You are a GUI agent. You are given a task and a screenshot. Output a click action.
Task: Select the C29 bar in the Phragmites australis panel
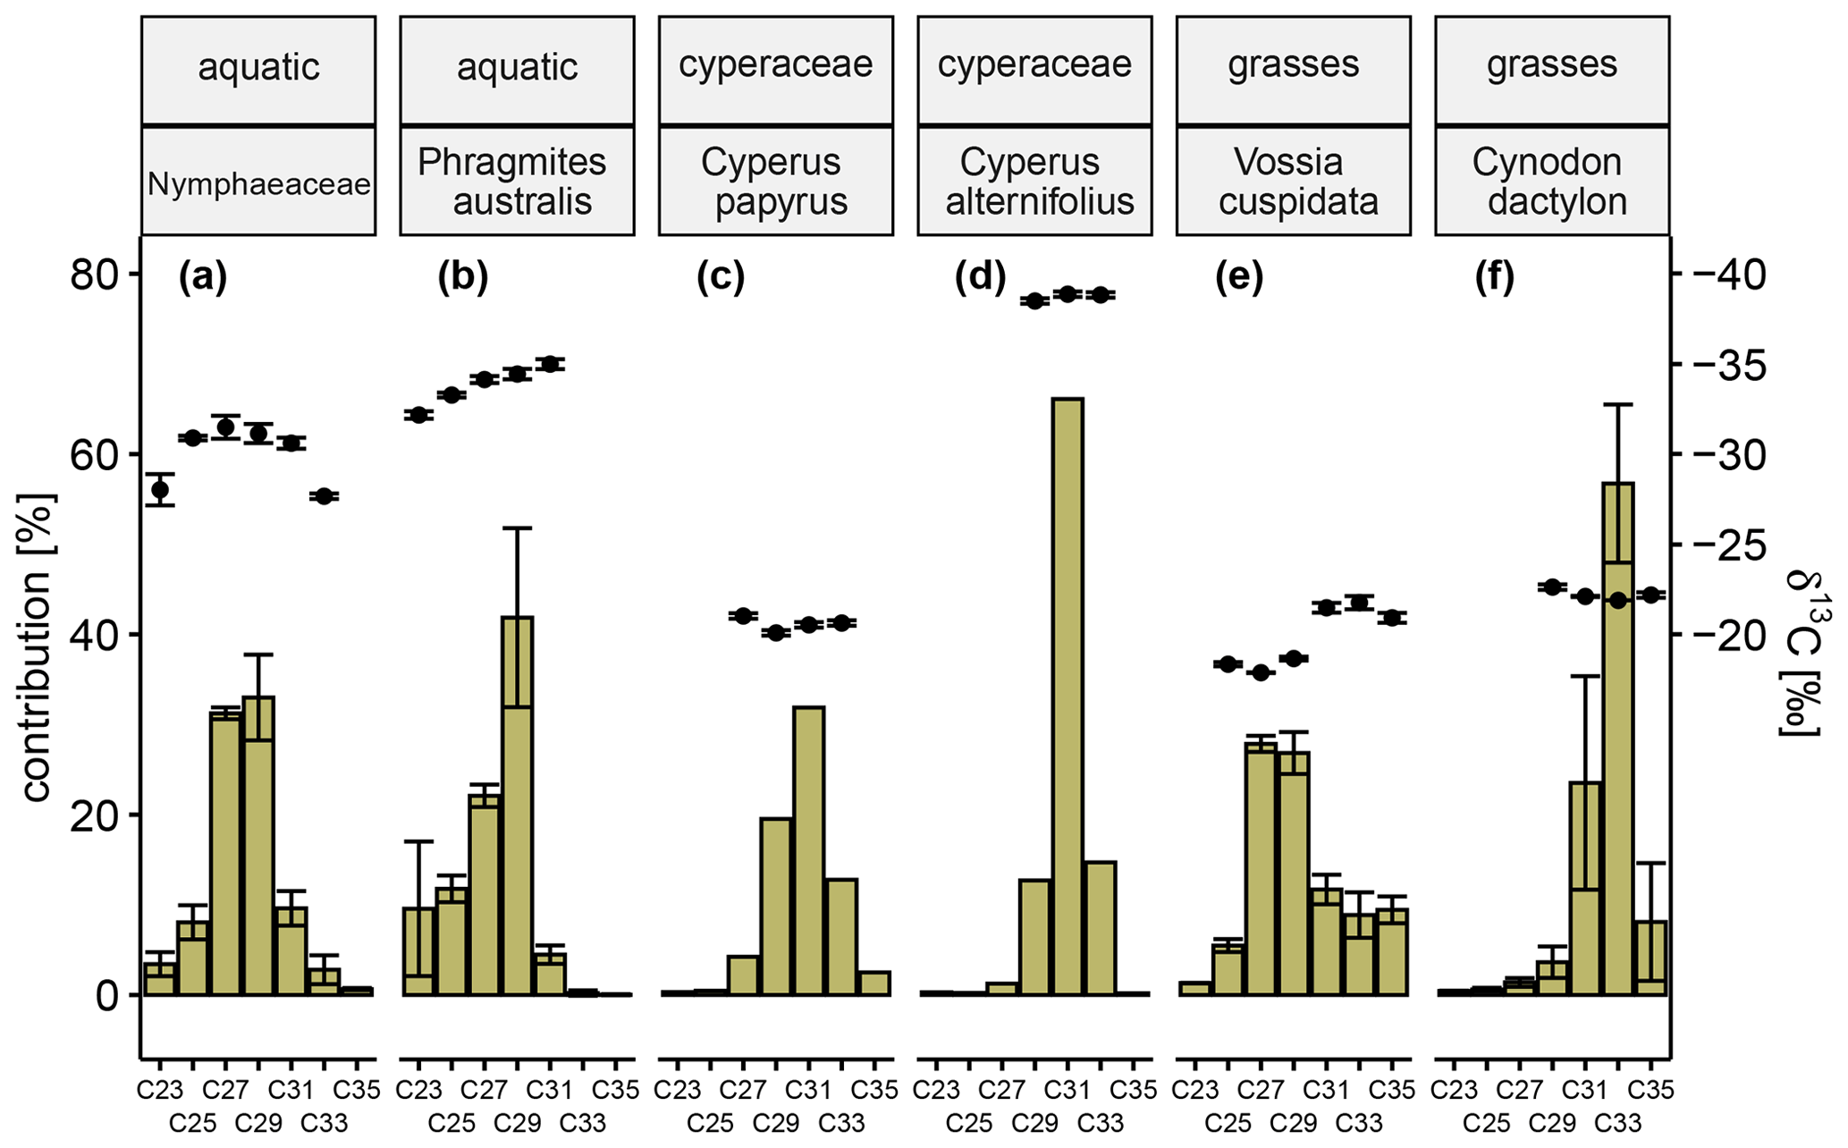(517, 805)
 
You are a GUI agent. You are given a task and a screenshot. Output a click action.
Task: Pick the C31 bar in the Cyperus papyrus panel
(808, 849)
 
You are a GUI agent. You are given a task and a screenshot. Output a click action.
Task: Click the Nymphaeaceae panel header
(258, 184)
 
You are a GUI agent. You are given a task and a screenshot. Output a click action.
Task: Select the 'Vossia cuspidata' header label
(1293, 181)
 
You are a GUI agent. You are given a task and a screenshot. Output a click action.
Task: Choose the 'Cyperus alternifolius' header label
(1034, 181)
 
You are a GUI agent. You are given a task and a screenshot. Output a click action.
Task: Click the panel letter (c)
(721, 278)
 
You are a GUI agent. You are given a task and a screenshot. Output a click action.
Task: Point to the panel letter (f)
(1495, 278)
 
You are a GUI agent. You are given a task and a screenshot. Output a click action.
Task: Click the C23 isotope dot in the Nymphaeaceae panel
(160, 490)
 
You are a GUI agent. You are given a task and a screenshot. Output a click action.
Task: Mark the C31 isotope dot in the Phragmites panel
(550, 364)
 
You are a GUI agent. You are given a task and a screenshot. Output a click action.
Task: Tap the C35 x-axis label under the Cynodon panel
(1650, 1090)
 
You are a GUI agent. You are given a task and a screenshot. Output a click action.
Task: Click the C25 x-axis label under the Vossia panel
(1228, 1122)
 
